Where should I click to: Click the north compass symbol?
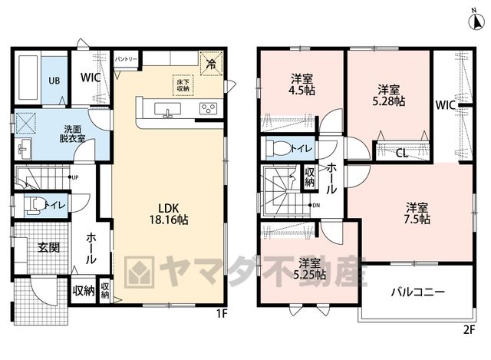[476, 21]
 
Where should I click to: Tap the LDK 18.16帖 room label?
[169, 214]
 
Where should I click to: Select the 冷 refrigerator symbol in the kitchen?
[212, 64]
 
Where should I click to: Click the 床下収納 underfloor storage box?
[183, 85]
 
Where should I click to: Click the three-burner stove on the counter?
[208, 109]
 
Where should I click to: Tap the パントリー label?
[126, 59]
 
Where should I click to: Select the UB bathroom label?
[54, 81]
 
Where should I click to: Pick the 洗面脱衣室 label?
[72, 134]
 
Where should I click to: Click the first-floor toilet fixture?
[35, 205]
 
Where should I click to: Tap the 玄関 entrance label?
[48, 247]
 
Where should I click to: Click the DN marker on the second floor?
[316, 206]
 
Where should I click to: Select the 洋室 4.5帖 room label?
[302, 84]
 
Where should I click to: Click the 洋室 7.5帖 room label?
[417, 213]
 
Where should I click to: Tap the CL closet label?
[402, 154]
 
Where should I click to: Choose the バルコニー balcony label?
[417, 292]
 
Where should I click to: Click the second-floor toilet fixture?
[278, 147]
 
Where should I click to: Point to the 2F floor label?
[469, 329]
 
